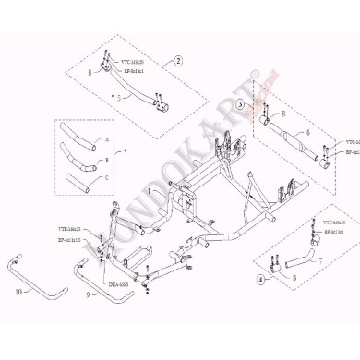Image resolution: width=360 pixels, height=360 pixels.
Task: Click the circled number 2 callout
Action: coord(177,61)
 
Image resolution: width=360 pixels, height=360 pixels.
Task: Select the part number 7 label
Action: coord(320,261)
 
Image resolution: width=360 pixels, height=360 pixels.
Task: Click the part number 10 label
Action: coord(18,290)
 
